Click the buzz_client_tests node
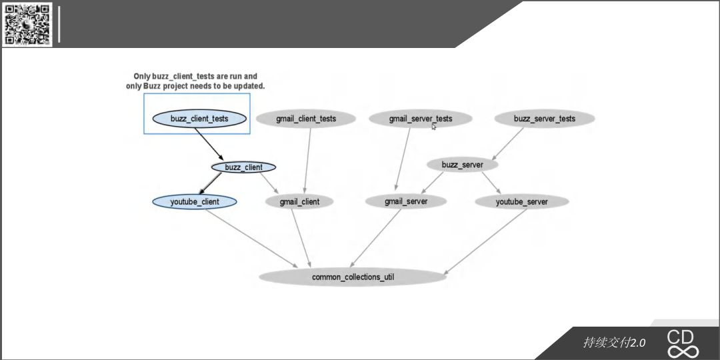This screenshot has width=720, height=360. pos(199,119)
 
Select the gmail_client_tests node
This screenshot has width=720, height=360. pos(306,119)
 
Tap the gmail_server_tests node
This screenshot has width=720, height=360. pos(421,119)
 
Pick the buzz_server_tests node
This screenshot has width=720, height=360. pos(545,119)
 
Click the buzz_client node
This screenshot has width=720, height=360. pos(243,167)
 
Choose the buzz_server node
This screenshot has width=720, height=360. pos(463,165)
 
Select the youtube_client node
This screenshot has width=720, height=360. pos(195,201)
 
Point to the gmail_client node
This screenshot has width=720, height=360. pos(299,201)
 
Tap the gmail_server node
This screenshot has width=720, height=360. pos(406,201)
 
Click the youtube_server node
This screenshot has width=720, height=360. pos(521,201)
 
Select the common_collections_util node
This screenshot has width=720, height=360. pos(353,277)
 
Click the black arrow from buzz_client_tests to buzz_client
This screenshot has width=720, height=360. pos(209,144)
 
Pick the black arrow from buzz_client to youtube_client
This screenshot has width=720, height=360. pos(210,183)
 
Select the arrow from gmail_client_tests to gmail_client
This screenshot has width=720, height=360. pos(307,161)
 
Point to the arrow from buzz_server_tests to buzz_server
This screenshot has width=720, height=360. pos(507,144)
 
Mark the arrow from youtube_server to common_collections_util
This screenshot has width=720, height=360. pos(485,242)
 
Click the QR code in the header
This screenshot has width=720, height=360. pos(27,25)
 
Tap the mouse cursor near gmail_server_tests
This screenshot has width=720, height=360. pos(434,126)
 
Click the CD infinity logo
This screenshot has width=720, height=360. pos(683,343)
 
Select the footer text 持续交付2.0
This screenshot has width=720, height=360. pos(614,343)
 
